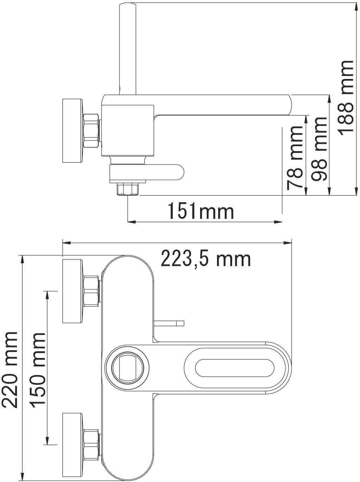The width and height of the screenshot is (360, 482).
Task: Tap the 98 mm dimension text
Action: click(x=319, y=149)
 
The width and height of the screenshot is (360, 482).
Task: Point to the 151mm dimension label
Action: click(x=201, y=211)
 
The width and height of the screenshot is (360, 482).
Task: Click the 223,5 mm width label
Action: click(x=206, y=259)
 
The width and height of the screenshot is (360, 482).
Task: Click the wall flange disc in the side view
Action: click(x=73, y=131)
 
